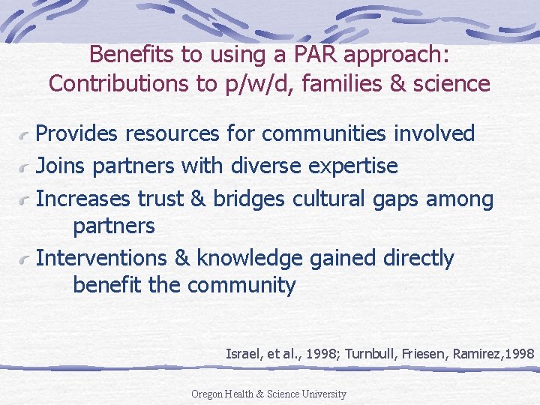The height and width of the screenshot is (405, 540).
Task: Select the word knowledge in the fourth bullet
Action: pyautogui.click(x=249, y=258)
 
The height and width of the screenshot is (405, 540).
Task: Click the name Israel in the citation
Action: pyautogui.click(x=242, y=353)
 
